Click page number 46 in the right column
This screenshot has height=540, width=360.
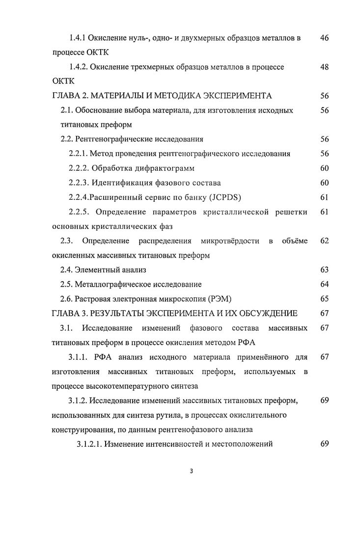324,38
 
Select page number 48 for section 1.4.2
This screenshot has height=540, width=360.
324,67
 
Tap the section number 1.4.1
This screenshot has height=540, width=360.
79,38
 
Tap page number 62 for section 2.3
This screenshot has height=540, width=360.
324,241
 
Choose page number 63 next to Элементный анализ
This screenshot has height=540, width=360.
324,270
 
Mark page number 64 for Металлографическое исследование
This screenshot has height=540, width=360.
324,284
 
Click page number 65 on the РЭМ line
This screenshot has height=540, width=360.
324,298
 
